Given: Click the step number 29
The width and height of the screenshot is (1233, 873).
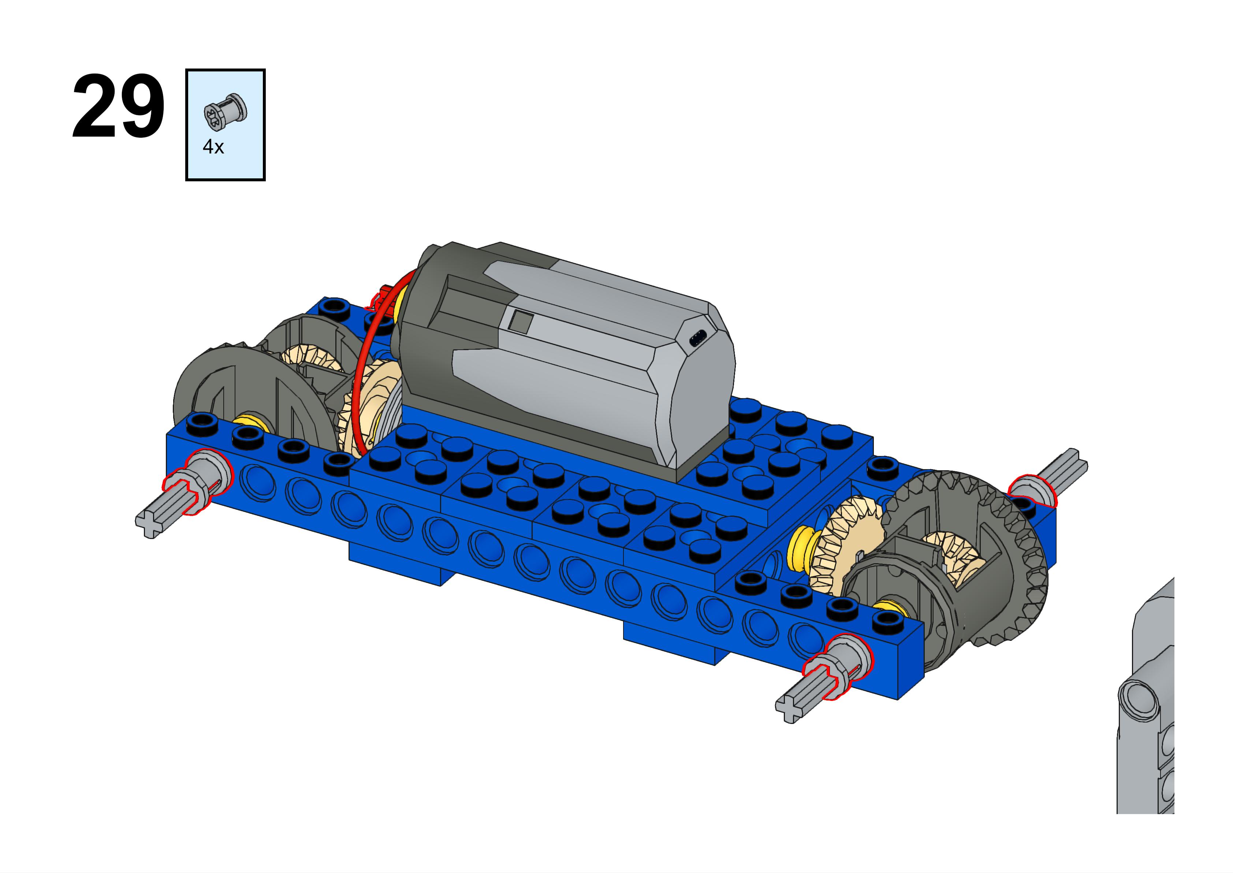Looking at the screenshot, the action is coord(118,107).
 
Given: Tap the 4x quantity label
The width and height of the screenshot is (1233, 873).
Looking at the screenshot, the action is coord(213,146).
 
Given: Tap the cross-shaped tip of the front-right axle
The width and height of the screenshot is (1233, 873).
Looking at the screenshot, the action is coord(790,709).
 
